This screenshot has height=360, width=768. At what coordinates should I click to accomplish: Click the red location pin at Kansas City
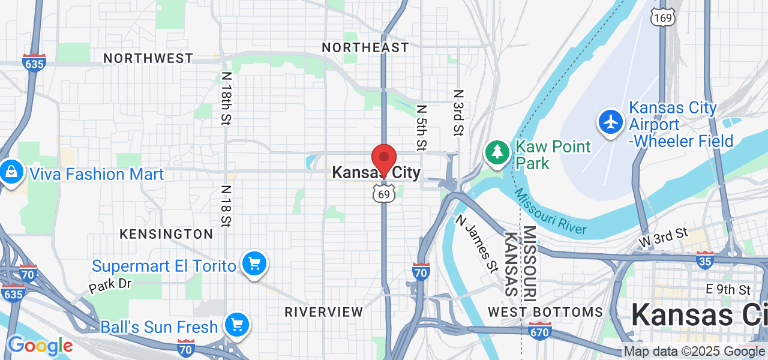pos(384,159)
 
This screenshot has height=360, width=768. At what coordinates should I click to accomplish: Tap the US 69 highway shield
pos(384,193)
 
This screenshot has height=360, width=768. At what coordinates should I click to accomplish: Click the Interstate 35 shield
pos(706,260)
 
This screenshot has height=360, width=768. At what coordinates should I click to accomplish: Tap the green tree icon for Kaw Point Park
pos(497,152)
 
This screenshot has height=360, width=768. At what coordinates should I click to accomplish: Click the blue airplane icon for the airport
pos(611,121)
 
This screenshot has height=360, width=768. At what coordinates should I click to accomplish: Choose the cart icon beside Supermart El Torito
pos(254,264)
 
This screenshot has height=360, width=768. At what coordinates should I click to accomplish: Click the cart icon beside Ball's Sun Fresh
pos(237,325)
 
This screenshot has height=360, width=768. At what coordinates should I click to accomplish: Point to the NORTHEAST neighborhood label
pos(365,47)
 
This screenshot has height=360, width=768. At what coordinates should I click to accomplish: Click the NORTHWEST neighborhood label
pos(148,58)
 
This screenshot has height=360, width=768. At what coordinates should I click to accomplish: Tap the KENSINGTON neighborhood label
pos(166,234)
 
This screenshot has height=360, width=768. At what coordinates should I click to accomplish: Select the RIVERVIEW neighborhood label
pos(324,312)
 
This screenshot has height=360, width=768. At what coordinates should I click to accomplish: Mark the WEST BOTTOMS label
pos(545,312)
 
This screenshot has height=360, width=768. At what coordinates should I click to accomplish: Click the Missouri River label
pos(550,212)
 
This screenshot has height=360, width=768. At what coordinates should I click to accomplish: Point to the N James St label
pos(478,244)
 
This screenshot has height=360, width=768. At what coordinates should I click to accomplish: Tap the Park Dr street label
pos(110,284)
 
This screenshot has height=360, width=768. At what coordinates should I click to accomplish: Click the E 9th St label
pos(728,290)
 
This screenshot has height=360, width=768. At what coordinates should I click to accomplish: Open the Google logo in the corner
pos(40,346)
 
